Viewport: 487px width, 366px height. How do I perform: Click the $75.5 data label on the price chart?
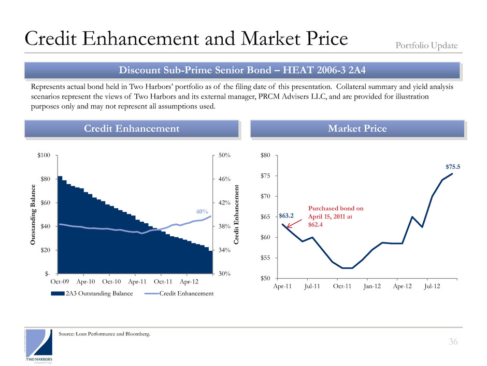tap(453, 167)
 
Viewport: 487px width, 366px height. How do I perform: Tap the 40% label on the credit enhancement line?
tap(202, 211)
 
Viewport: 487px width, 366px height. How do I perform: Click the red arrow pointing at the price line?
tap(294, 224)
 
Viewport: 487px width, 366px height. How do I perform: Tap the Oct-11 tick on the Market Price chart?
tap(342, 286)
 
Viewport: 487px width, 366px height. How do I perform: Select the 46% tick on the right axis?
tap(224, 179)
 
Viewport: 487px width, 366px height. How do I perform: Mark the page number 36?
tap(452, 342)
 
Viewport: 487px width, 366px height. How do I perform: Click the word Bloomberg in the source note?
tap(138, 334)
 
